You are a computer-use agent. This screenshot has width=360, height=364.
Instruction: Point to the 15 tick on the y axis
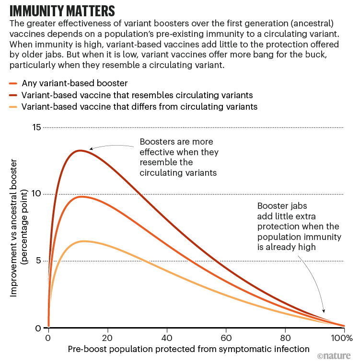(35, 127)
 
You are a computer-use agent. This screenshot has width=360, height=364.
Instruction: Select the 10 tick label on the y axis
(35, 194)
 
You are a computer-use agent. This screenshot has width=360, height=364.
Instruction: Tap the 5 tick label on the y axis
(38, 261)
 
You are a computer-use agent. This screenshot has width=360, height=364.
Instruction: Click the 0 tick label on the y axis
(38, 328)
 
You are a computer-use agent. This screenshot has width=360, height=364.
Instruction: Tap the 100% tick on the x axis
(341, 338)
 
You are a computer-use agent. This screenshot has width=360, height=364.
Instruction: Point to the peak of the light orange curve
(84, 241)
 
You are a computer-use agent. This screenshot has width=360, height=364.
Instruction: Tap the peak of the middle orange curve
(82, 196)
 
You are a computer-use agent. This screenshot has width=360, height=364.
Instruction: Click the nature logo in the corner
(335, 356)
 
